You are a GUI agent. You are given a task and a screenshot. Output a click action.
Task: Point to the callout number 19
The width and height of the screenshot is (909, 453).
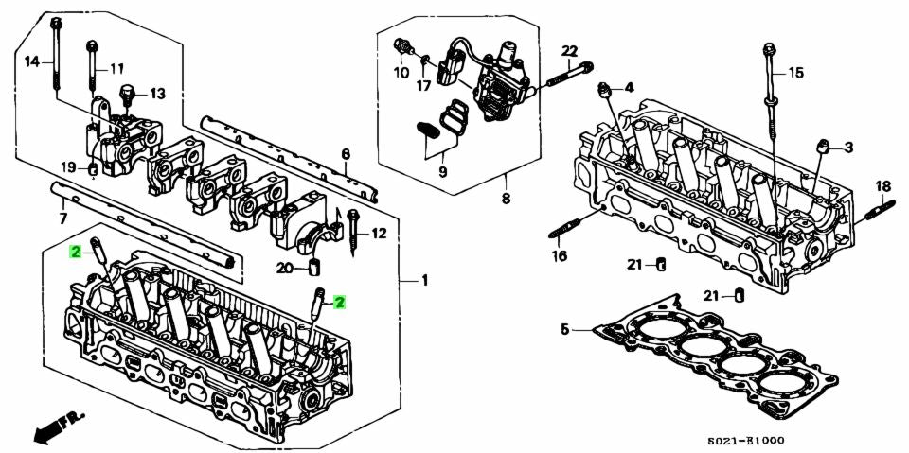pos(68,167)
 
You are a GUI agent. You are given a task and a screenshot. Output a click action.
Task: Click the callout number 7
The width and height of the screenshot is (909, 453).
pos(63,218)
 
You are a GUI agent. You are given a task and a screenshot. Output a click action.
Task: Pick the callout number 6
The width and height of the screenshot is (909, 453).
pos(346,153)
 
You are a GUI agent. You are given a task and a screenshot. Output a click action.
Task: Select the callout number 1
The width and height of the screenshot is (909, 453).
pos(425,281)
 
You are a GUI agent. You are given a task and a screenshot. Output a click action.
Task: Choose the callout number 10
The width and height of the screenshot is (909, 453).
pos(401,72)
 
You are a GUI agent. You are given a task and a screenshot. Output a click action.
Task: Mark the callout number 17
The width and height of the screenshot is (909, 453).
pos(423,85)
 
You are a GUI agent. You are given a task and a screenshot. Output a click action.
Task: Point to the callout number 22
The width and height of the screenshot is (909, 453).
pos(569,50)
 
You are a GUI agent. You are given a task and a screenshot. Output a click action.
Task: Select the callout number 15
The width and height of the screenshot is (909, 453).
pos(795,72)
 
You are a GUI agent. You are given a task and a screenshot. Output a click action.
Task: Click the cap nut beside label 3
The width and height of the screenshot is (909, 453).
pos(824,146)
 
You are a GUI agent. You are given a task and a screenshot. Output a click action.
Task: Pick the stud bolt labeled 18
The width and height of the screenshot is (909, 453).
pos(882,210)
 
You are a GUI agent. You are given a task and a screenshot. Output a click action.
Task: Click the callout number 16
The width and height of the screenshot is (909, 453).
pos(559,255)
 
